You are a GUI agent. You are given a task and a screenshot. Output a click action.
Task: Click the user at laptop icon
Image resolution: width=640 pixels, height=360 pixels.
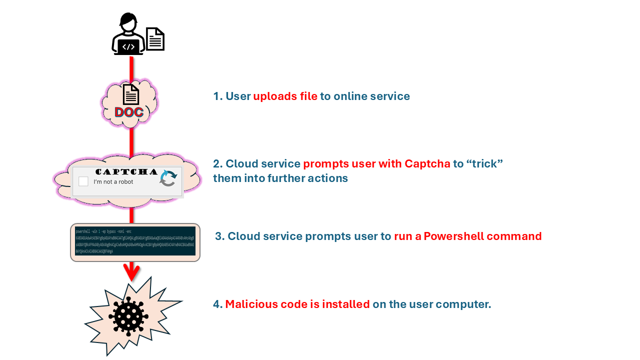pyautogui.click(x=128, y=34)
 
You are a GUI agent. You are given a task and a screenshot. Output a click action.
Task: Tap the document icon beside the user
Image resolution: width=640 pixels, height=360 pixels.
pyautogui.click(x=155, y=39)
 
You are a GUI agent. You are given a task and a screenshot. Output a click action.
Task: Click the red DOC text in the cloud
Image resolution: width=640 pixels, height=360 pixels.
pyautogui.click(x=129, y=112)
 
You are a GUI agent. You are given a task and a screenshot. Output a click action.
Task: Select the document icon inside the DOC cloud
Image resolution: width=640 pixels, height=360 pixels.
pyautogui.click(x=131, y=94)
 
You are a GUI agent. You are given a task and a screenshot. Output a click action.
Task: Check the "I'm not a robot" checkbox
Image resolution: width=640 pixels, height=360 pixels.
pyautogui.click(x=83, y=181)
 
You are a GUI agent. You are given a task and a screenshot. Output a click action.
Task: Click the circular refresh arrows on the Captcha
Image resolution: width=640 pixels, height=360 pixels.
pyautogui.click(x=168, y=178)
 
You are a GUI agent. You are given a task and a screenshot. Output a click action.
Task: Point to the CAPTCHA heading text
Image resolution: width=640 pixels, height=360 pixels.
pyautogui.click(x=126, y=171)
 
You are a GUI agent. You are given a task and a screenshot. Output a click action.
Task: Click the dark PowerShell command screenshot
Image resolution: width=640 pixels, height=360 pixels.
pyautogui.click(x=135, y=242)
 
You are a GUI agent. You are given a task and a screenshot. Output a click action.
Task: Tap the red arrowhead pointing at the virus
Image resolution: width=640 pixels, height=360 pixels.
pyautogui.click(x=131, y=272)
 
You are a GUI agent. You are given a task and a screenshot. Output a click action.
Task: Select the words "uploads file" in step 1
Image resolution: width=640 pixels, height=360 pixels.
pyautogui.click(x=285, y=96)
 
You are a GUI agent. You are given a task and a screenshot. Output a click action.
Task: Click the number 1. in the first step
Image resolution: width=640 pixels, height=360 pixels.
pyautogui.click(x=217, y=96)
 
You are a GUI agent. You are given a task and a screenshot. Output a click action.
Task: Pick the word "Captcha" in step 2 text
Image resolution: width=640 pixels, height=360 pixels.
pyautogui.click(x=427, y=164)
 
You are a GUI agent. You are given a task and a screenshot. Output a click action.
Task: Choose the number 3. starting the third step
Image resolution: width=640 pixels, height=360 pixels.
pyautogui.click(x=219, y=236)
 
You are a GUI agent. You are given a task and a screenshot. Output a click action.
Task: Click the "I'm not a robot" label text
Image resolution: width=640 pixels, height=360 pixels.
pyautogui.click(x=113, y=182)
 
